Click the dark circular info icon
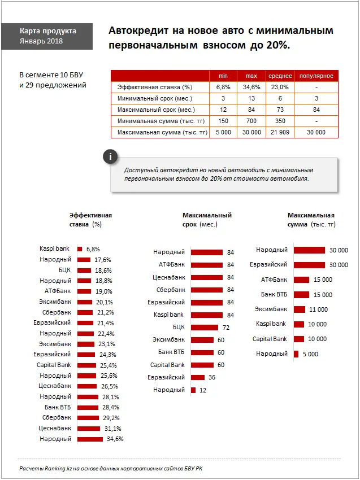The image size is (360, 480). tap(111, 157)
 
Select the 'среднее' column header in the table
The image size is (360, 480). tap(280, 76)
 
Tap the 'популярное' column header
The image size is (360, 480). tap(316, 76)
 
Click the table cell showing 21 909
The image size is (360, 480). tap(280, 132)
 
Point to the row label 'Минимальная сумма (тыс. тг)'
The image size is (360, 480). tap(160, 121)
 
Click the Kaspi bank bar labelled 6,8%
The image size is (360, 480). tap(80, 249)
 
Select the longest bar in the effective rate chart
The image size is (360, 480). tap(90, 439)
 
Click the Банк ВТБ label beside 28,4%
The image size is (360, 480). tap(58, 407)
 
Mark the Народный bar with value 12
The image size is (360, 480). tap(193, 390)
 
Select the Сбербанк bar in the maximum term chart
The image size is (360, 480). tap(207, 290)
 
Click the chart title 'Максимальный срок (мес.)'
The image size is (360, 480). tap(207, 220)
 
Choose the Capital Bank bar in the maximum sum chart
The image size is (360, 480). tap(299, 339)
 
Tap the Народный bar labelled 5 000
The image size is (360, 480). tap(296, 354)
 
